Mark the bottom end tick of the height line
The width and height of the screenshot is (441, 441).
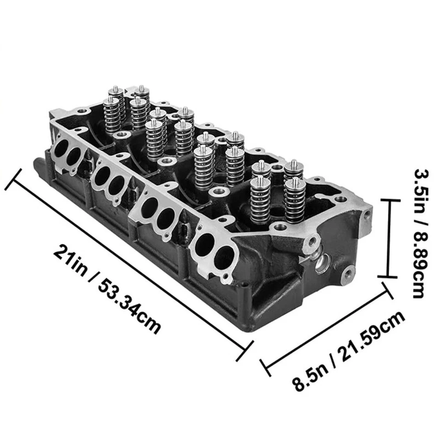(x=389, y=277)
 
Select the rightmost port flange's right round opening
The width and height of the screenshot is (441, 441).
(x=225, y=257)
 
